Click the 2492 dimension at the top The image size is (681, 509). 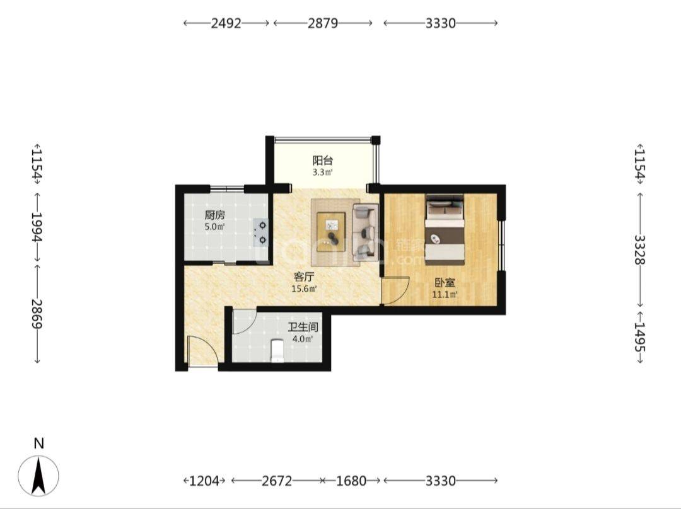pyautogui.click(x=226, y=23)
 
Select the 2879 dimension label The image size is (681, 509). pyautogui.click(x=323, y=23)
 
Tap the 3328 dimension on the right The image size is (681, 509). pyautogui.click(x=639, y=249)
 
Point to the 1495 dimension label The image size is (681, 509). pyautogui.click(x=639, y=337)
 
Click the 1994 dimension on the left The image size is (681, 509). pyautogui.click(x=38, y=227)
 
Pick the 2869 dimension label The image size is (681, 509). pyautogui.click(x=38, y=313)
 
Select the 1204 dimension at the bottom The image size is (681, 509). pyautogui.click(x=204, y=481)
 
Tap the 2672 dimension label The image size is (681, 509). pyautogui.click(x=277, y=481)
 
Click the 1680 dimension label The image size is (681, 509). pyautogui.click(x=351, y=481)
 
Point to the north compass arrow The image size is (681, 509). pyautogui.click(x=38, y=476)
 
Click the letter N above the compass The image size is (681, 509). pyautogui.click(x=39, y=443)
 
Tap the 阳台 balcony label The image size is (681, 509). pyautogui.click(x=323, y=161)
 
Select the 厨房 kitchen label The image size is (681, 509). pyautogui.click(x=215, y=215)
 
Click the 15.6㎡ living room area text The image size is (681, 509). pyautogui.click(x=304, y=288)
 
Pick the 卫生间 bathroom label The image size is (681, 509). pyautogui.click(x=303, y=327)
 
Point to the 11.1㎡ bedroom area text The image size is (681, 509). pyautogui.click(x=445, y=295)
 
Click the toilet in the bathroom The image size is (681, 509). pyautogui.click(x=277, y=351)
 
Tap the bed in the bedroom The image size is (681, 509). pyautogui.click(x=445, y=229)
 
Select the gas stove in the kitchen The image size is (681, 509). pyautogui.click(x=262, y=232)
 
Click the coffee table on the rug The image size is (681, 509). pyautogui.click(x=332, y=232)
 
